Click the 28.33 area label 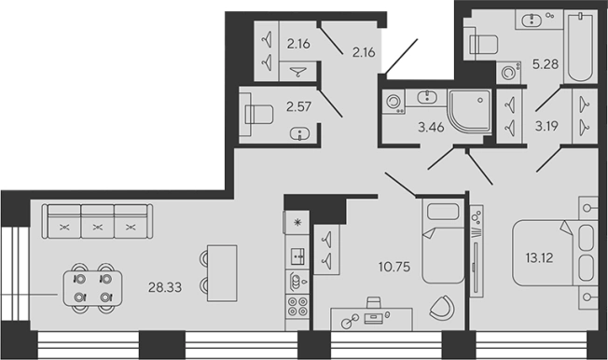coord(165,287)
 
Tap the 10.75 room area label coord(394,267)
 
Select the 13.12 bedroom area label coord(539,257)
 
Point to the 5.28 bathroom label coord(546,64)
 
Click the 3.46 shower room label coord(431,127)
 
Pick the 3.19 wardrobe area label coord(546,126)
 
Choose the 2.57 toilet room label coord(298,106)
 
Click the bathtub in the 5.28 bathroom coord(580,46)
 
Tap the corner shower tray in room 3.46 coord(470,111)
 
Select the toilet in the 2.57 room coord(256,115)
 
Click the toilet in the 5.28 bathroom coord(480,44)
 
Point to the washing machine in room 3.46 coord(394,102)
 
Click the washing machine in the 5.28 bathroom coord(508,72)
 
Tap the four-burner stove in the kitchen coord(297,307)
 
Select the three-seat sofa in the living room coord(97,221)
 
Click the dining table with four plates coord(92,288)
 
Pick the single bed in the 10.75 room coord(443,241)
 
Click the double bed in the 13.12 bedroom coord(555,253)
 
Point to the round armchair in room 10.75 coord(442,306)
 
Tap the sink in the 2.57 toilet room coord(299,134)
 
